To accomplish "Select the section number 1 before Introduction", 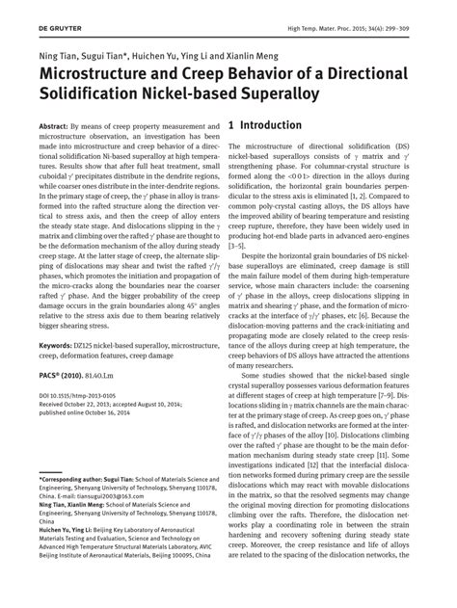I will [231, 126].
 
